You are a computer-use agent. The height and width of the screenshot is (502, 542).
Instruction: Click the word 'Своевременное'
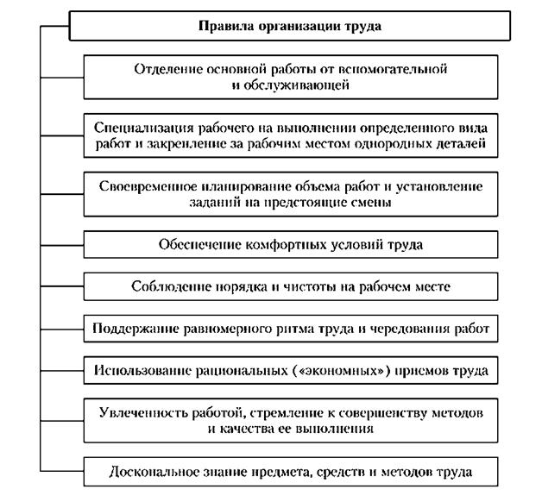[x=144, y=186]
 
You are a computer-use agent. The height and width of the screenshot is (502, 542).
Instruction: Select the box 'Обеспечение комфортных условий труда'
[x=291, y=244]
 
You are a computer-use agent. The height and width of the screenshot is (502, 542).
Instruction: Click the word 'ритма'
[x=303, y=329]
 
